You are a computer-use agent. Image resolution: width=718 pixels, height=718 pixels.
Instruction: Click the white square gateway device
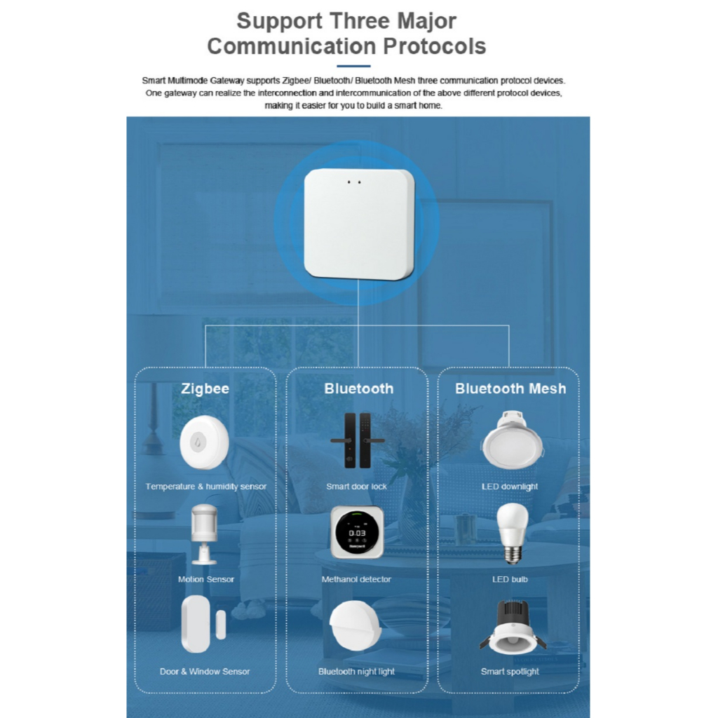click(x=359, y=224)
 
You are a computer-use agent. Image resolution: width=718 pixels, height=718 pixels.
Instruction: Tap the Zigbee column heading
click(x=205, y=388)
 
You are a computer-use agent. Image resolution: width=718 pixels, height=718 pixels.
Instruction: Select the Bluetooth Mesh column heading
click(x=510, y=388)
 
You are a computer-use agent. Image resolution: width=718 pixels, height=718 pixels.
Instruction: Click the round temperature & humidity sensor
click(x=204, y=442)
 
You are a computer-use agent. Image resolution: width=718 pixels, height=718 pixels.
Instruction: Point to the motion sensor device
click(x=204, y=534)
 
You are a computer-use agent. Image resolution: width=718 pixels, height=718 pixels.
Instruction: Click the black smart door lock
click(x=357, y=440)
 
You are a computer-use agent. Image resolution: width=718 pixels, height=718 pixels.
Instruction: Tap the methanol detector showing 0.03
click(x=357, y=532)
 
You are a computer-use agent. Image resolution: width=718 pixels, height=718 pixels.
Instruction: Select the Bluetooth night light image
click(x=355, y=625)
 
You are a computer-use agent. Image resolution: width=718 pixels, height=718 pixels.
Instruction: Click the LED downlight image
click(x=513, y=440)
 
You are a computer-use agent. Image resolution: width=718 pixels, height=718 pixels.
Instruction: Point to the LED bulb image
click(x=513, y=534)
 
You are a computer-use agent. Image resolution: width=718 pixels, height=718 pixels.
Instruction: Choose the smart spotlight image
click(x=513, y=627)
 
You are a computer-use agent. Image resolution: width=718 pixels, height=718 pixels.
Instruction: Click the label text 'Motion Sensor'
click(x=206, y=579)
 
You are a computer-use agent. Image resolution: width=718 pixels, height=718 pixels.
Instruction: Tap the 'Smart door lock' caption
click(x=356, y=487)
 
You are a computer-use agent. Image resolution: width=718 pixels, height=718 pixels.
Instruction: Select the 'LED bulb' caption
click(x=510, y=579)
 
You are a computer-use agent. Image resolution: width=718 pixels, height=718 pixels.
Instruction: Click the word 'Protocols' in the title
click(x=435, y=46)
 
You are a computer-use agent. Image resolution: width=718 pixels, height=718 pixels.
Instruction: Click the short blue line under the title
click(x=353, y=67)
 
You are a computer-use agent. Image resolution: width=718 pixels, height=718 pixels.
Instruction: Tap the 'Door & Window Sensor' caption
click(x=205, y=671)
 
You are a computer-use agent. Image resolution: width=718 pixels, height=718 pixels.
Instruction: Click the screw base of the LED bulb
click(x=513, y=556)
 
